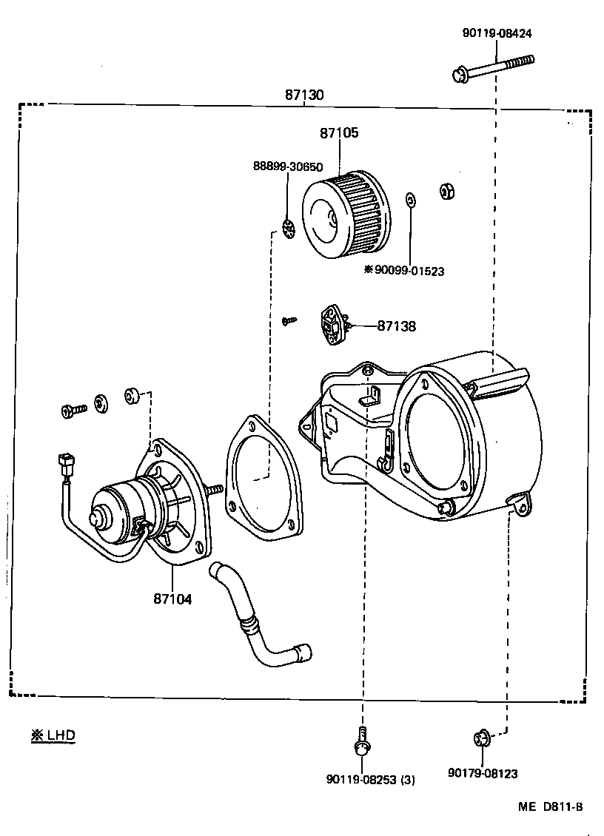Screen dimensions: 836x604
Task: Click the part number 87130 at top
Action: (x=304, y=95)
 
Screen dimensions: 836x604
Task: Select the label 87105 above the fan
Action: (x=339, y=133)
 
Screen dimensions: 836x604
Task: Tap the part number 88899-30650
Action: (x=288, y=167)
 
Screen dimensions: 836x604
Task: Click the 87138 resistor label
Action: (x=396, y=326)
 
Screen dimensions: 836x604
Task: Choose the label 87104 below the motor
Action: (x=172, y=599)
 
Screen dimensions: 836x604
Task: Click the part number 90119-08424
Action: (x=497, y=33)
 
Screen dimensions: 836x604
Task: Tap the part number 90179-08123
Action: (x=483, y=774)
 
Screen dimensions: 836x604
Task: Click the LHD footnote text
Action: (x=53, y=735)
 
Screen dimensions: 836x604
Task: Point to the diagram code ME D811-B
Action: (x=549, y=807)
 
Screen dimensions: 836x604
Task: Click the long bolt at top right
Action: (x=491, y=67)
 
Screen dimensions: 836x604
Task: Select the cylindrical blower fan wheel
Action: (x=346, y=212)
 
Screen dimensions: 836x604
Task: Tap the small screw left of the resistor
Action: (x=289, y=320)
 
